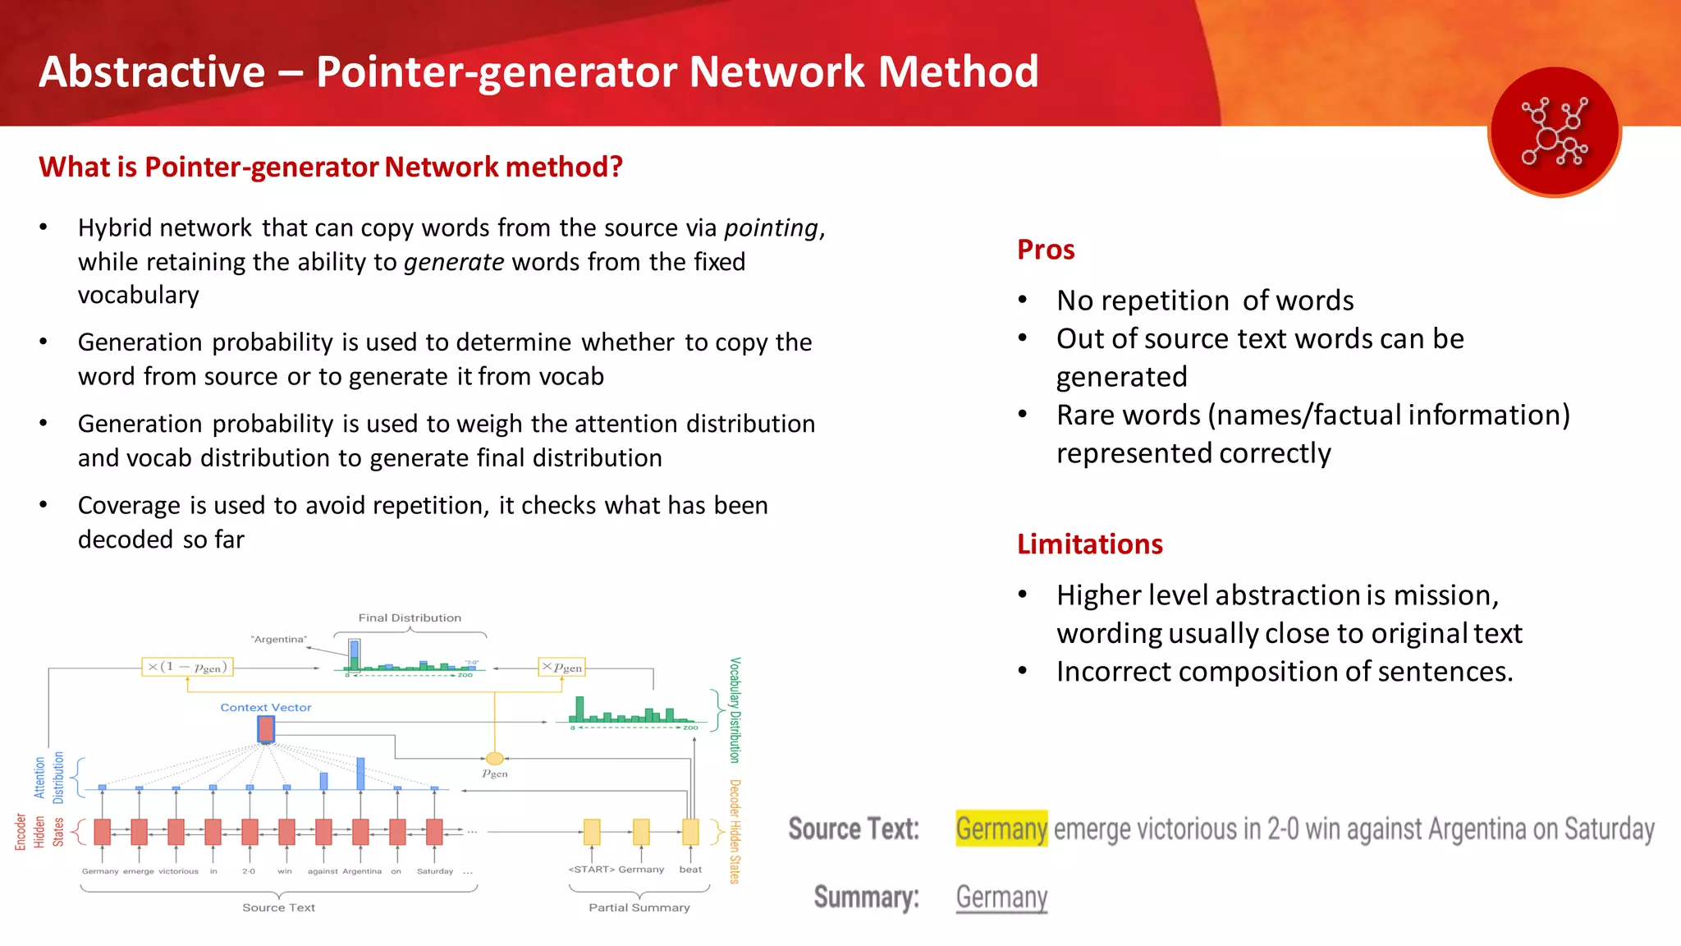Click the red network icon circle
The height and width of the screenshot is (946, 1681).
(1554, 131)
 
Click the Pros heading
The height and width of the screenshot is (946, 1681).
(1045, 249)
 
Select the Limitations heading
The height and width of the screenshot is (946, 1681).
(1089, 544)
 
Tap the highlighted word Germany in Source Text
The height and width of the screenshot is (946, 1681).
(1001, 829)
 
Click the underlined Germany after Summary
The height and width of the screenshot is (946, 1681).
(1001, 897)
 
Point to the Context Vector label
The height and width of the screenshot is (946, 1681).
(265, 707)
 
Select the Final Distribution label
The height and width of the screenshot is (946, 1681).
(410, 618)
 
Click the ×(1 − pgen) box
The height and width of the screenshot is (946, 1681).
(187, 667)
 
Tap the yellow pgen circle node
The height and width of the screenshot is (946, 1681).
(494, 759)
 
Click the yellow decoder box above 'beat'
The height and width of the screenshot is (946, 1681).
(690, 832)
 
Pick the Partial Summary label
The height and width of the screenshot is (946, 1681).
(639, 907)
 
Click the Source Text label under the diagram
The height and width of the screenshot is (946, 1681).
(278, 907)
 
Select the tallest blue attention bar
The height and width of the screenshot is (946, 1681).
(360, 774)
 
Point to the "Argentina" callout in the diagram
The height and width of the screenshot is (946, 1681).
(279, 639)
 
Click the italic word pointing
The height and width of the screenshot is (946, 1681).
(771, 227)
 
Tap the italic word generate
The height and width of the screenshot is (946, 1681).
(454, 262)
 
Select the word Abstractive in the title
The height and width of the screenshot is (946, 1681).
(152, 71)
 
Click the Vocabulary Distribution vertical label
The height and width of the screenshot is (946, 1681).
(735, 709)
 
